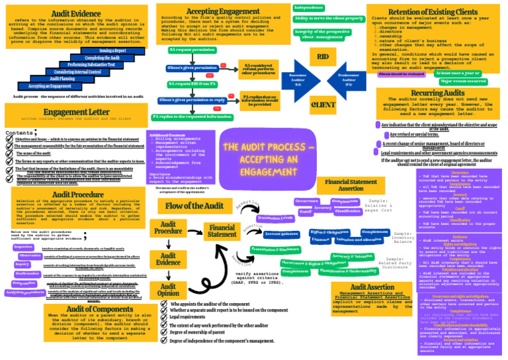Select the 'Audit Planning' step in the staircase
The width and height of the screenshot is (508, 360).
[63, 79]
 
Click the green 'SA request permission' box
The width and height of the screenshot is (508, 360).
[192, 50]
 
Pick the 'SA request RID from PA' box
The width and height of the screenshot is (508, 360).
[192, 84]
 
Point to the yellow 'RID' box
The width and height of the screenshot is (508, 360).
[323, 58]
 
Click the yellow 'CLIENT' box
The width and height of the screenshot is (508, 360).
[323, 105]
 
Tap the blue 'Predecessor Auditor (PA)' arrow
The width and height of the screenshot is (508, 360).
[348, 79]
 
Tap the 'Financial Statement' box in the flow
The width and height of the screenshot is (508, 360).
[222, 231]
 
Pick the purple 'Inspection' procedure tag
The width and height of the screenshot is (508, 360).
[24, 247]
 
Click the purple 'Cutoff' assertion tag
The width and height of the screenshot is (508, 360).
[305, 211]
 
